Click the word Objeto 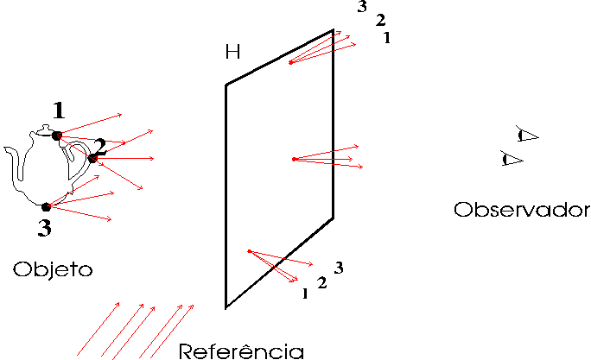[x=53, y=269]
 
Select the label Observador [x=522, y=210]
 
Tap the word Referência [x=241, y=351]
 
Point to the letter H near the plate [x=232, y=52]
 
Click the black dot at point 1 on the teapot [x=56, y=136]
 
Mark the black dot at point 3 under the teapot [x=46, y=206]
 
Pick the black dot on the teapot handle [x=92, y=159]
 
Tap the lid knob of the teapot [x=46, y=127]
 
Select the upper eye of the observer [x=527, y=135]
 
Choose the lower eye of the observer [x=512, y=159]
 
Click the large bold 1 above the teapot [x=59, y=111]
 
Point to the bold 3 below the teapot [x=44, y=228]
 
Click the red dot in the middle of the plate [x=295, y=160]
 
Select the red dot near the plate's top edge [x=290, y=62]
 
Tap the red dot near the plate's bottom [x=249, y=251]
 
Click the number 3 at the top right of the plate [x=362, y=6]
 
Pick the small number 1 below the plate [x=305, y=294]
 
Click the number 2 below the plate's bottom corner [x=322, y=283]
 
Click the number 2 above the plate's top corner [x=381, y=20]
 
